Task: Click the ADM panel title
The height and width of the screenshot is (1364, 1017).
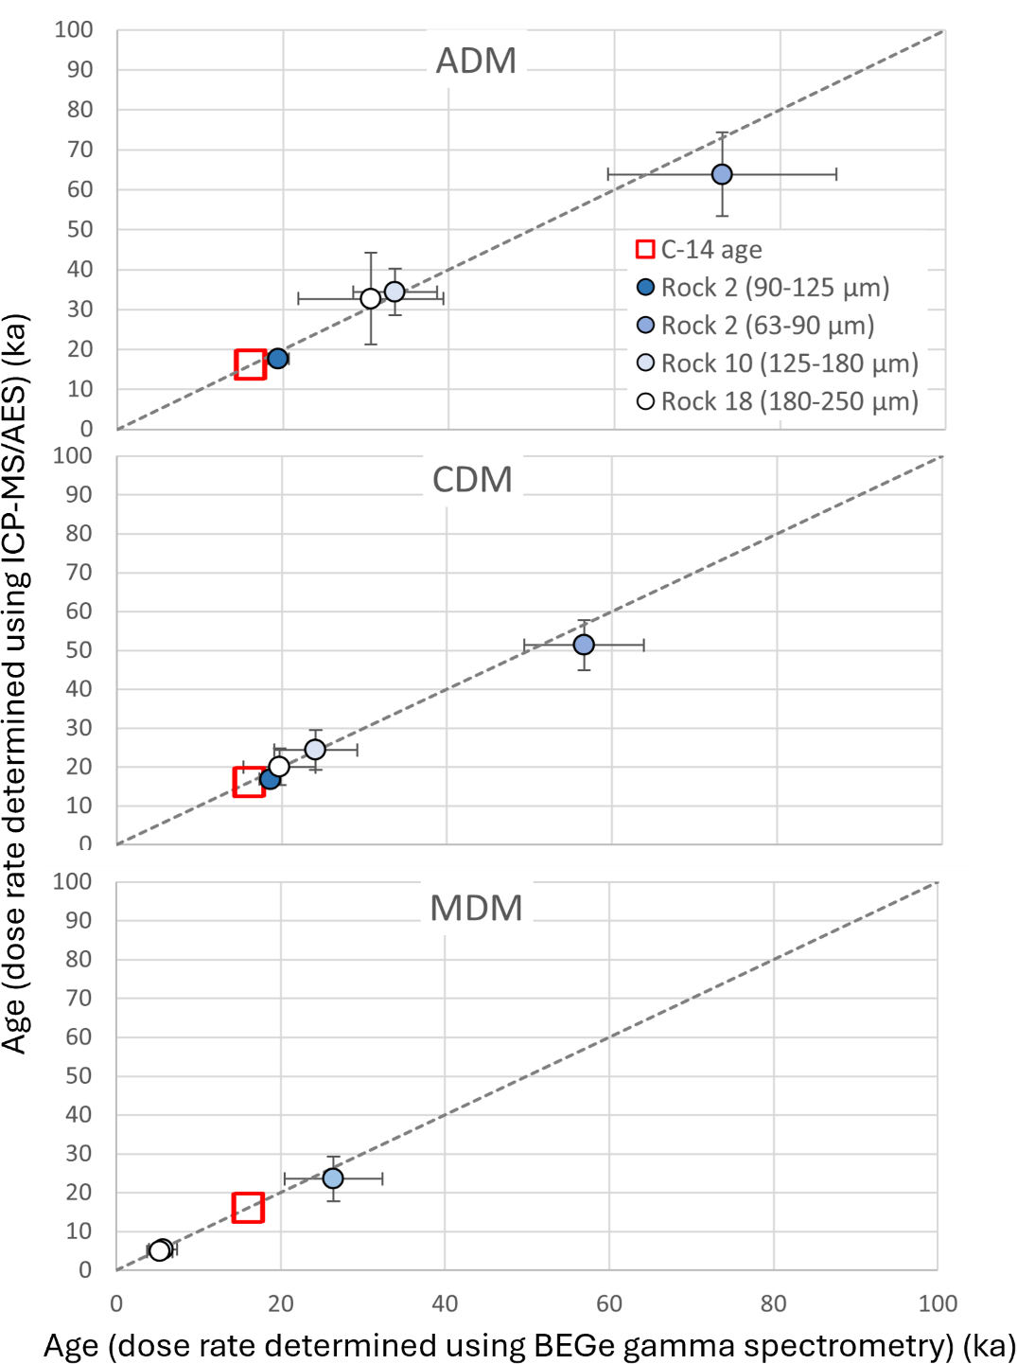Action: tap(476, 62)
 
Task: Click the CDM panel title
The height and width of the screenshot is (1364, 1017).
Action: tap(472, 480)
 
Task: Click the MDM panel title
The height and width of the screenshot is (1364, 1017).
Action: tap(476, 909)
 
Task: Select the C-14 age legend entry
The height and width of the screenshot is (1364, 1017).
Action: tap(700, 250)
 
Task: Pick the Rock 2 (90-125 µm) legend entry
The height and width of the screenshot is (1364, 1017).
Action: tap(763, 288)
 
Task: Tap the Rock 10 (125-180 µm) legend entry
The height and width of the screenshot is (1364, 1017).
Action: tap(778, 363)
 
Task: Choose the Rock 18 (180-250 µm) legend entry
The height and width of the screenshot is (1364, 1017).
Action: tap(778, 401)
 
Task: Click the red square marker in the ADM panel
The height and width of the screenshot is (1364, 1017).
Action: tap(250, 364)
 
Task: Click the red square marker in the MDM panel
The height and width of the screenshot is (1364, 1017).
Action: tap(248, 1208)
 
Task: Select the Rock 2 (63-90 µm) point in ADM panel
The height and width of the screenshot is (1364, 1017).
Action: tap(722, 174)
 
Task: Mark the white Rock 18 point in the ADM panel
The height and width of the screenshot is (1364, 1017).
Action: tap(371, 298)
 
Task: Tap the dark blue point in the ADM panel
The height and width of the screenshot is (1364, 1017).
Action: tap(277, 358)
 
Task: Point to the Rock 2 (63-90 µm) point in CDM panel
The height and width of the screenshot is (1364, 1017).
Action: tap(584, 645)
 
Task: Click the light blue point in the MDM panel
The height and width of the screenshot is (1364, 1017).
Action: tap(333, 1178)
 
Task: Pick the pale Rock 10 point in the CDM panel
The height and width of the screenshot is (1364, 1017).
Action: tap(315, 750)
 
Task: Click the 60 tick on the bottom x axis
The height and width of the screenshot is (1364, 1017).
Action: tap(609, 1303)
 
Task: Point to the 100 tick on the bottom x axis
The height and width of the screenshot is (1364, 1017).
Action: tap(938, 1303)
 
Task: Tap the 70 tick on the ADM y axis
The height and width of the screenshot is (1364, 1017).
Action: tap(80, 150)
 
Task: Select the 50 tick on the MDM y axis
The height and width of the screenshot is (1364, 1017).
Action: tap(79, 1075)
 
